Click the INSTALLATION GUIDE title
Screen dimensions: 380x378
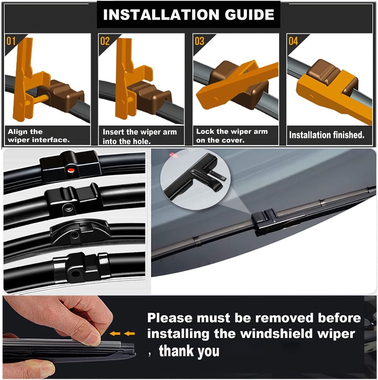[188, 15]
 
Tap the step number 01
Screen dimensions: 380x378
[11, 41]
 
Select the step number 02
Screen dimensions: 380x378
[104, 41]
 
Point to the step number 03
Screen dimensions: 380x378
[199, 41]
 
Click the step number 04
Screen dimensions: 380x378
[293, 41]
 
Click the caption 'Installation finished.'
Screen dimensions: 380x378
[326, 135]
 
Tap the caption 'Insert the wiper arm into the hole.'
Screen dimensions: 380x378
[139, 136]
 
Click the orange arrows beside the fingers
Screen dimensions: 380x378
[124, 334]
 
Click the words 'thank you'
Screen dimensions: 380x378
[189, 350]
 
